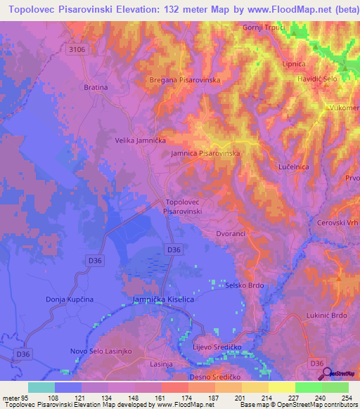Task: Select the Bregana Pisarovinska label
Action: (x=186, y=80)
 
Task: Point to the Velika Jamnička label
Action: (x=141, y=140)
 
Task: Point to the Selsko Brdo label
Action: (x=245, y=285)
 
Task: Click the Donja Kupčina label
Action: (x=70, y=299)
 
